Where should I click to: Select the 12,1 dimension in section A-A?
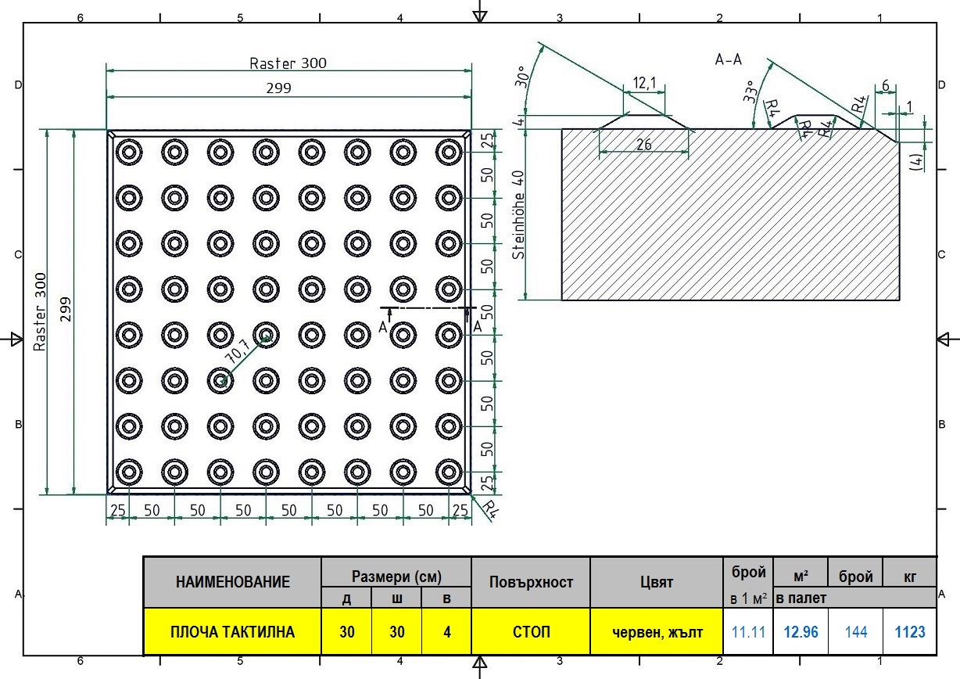(x=644, y=83)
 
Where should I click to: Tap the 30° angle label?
(x=521, y=77)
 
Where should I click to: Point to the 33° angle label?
(x=750, y=92)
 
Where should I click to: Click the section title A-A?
(x=728, y=59)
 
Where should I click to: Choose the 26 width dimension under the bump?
(x=644, y=145)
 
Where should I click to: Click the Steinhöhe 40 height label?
(x=518, y=215)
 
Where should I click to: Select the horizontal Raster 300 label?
(x=288, y=63)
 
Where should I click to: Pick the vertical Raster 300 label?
(x=39, y=312)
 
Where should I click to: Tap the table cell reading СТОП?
(x=531, y=632)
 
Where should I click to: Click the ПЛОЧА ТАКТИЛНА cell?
(x=232, y=632)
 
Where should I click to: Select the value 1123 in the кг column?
(x=909, y=632)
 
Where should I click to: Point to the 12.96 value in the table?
(x=801, y=632)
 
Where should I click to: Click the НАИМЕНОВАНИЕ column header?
(x=233, y=582)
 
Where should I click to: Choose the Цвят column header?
(x=657, y=582)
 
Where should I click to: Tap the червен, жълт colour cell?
(x=657, y=632)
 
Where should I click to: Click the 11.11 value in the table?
(x=748, y=632)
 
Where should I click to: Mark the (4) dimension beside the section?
(x=917, y=162)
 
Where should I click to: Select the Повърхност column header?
(x=531, y=582)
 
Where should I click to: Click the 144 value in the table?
(x=856, y=632)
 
